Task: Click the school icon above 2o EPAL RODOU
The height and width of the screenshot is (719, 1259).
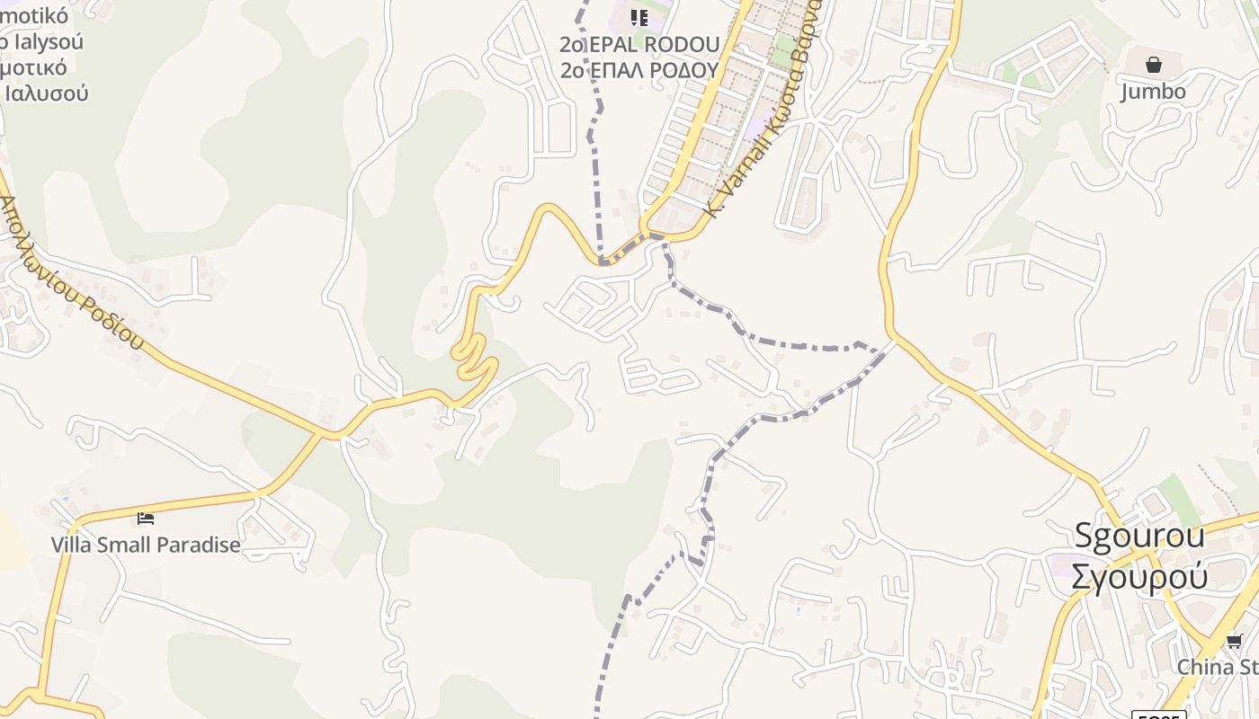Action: click(638, 17)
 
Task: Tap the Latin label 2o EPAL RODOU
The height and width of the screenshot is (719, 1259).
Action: click(639, 44)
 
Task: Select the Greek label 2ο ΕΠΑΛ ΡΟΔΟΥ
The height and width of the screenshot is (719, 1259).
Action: click(639, 70)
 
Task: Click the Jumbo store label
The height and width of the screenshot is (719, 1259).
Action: click(1153, 91)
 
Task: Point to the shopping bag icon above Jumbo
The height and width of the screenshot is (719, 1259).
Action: click(1153, 65)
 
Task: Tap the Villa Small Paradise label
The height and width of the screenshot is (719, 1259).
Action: click(146, 545)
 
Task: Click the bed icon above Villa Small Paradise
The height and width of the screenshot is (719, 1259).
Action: click(146, 518)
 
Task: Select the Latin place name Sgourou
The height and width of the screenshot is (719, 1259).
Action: click(1139, 536)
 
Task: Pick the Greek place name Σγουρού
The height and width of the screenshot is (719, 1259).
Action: click(1139, 575)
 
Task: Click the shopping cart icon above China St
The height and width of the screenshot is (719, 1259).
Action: click(1234, 641)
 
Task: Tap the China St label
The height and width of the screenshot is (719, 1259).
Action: click(1218, 667)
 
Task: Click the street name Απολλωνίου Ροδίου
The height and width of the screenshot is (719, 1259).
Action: click(72, 273)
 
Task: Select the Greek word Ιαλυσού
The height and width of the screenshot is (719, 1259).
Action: click(47, 93)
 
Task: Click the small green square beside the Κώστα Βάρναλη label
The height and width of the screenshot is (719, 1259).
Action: click(784, 49)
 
